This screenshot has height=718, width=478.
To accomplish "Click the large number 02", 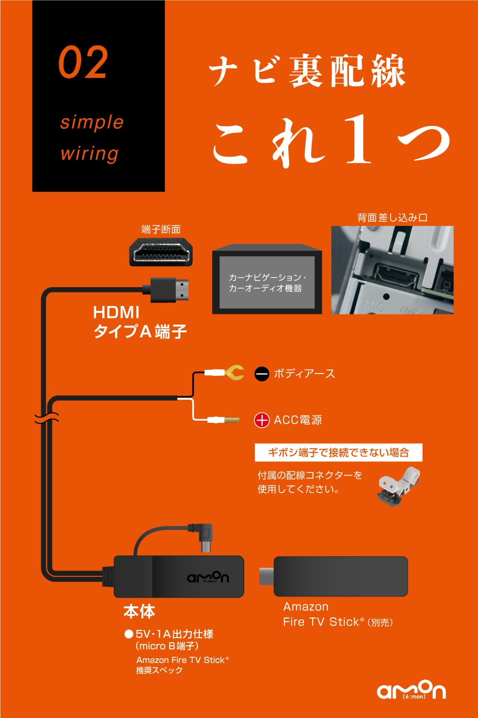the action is [x=83, y=63].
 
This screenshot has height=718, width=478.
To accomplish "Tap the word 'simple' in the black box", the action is [x=92, y=122].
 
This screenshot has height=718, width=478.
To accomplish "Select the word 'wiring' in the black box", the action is [x=89, y=154].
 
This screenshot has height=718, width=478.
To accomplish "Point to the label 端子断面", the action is [x=161, y=230].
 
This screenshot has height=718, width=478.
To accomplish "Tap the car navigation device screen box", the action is [x=267, y=282].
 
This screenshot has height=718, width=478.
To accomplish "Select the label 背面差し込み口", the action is [x=392, y=218].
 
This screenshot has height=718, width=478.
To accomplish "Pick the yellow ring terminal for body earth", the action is [x=234, y=372].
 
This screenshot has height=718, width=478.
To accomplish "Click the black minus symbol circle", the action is [x=262, y=374].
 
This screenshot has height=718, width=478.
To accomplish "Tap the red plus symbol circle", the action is [x=261, y=420].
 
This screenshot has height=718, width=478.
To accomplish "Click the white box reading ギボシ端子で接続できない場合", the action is [x=338, y=452].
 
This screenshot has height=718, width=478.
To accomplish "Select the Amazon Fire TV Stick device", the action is [x=340, y=576].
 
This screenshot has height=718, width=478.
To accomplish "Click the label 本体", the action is [x=139, y=611].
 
